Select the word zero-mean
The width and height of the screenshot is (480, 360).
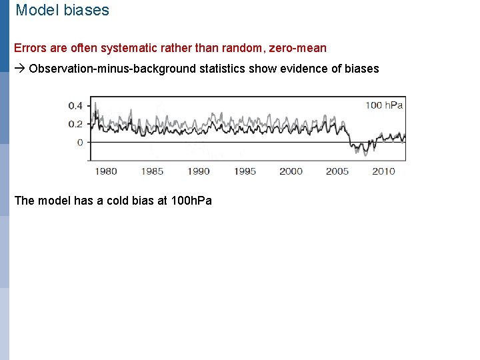(297, 48)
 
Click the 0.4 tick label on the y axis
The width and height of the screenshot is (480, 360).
(76, 105)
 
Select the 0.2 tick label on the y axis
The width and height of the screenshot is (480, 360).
(76, 124)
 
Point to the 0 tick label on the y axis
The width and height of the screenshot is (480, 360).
(81, 142)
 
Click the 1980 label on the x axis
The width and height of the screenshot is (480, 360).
(105, 171)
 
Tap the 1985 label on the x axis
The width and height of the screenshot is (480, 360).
(152, 171)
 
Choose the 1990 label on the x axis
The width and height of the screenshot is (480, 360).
(198, 171)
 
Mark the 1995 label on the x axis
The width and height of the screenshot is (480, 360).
(245, 171)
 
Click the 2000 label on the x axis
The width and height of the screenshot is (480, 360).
(291, 171)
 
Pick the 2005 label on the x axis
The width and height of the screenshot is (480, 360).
(337, 171)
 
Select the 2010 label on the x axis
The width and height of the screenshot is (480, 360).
(383, 171)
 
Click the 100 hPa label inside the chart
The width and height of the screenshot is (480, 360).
(384, 105)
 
